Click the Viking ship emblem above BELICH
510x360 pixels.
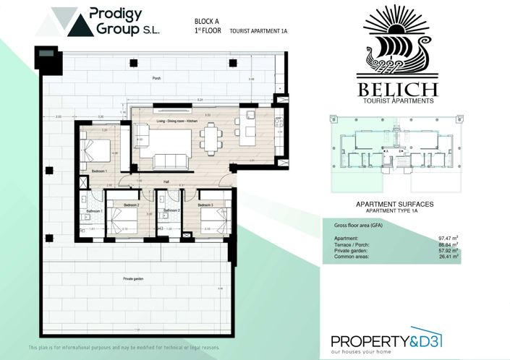pyautogui.click(x=399, y=43)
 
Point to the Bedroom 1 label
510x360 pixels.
pyautogui.click(x=100, y=171)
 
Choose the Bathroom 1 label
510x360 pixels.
pyautogui.click(x=93, y=211)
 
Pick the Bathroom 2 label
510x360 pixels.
pyautogui.click(x=171, y=211)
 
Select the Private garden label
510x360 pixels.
pyautogui.click(x=133, y=277)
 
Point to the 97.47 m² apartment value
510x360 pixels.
pyautogui.click(x=449, y=237)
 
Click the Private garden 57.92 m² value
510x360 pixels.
pyautogui.click(x=449, y=249)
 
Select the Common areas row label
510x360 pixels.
pyautogui.click(x=352, y=255)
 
